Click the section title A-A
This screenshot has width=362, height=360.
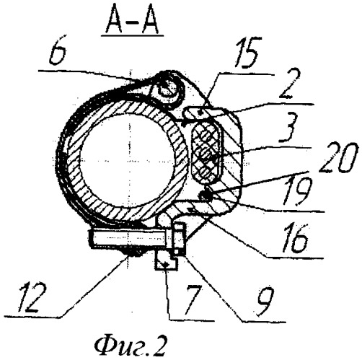click(132, 22)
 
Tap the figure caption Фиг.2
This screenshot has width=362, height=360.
click(131, 347)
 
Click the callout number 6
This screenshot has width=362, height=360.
click(58, 54)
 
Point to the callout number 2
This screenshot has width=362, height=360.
click(289, 84)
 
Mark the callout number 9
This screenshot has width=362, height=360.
click(266, 301)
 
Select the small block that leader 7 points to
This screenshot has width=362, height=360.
click(166, 261)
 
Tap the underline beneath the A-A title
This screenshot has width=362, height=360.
click(132, 35)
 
